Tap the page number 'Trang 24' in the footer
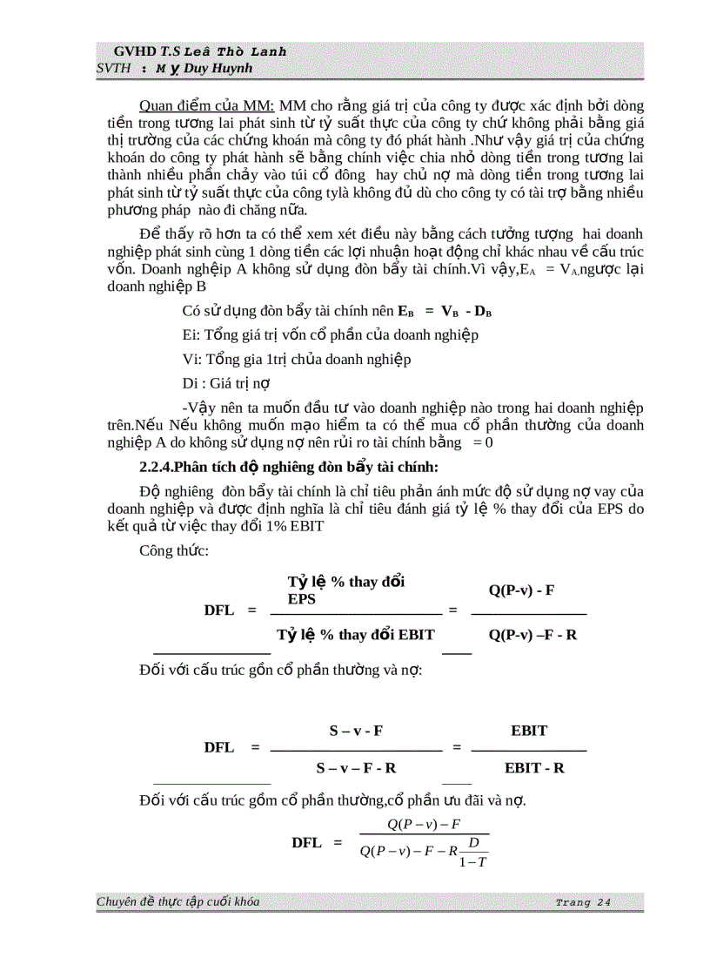[x=582, y=902]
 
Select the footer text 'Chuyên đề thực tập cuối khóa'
[x=177, y=901]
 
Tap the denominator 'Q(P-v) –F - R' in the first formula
[x=532, y=635]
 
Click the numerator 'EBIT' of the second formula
[x=529, y=731]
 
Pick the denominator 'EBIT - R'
[x=534, y=768]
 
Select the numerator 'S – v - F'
[x=356, y=731]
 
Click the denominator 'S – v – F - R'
[x=357, y=768]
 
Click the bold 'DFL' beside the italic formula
[x=306, y=842]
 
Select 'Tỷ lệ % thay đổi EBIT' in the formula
[x=356, y=635]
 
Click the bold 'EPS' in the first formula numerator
[x=302, y=600]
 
